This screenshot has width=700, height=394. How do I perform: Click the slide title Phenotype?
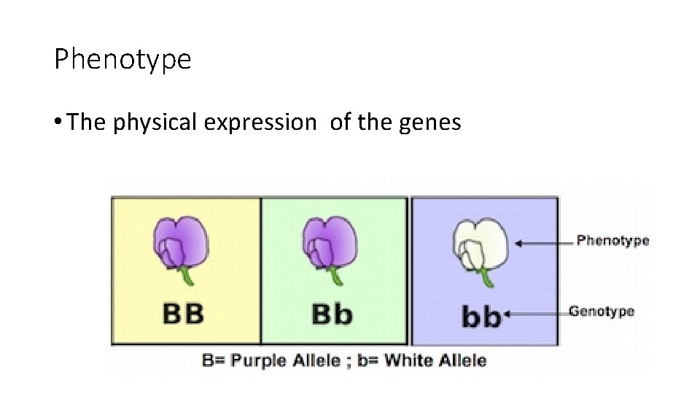point(122,60)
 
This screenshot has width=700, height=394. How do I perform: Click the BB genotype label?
point(183,314)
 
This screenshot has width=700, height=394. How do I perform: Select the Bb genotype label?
point(332,314)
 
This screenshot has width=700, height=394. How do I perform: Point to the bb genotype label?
point(481,317)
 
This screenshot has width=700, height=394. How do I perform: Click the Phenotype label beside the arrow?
point(612,241)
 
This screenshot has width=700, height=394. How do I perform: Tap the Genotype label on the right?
point(602,312)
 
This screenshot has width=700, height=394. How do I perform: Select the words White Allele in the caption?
point(435,360)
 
